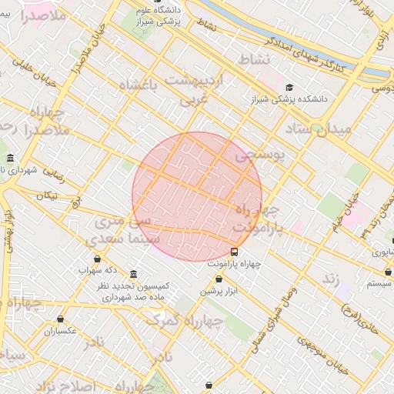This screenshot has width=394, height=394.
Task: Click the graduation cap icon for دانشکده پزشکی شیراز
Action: [289, 88]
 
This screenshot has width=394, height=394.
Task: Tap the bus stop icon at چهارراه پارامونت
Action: [235, 251]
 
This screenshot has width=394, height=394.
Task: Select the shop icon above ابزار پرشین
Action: [219, 279]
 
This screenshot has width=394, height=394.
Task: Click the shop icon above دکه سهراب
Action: [97, 259]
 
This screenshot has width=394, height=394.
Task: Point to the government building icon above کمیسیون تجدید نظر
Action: [134, 275]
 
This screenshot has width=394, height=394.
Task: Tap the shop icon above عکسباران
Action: [60, 319]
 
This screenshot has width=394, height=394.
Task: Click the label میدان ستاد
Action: [318, 129]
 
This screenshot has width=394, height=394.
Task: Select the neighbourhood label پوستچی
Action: [259, 155]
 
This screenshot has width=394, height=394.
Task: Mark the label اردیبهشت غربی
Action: [195, 89]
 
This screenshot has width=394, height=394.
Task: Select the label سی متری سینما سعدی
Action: [129, 230]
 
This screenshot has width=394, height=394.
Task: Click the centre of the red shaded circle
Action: [197, 196]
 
